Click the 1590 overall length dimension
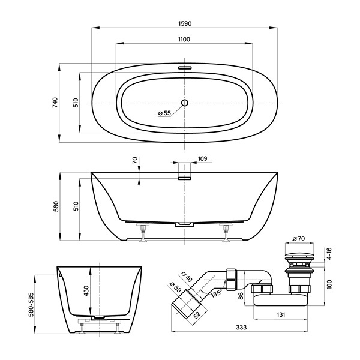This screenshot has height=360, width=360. tap(185, 23)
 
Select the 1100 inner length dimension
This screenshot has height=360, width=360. tap(184, 40)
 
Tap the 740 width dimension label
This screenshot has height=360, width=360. tap(55, 103)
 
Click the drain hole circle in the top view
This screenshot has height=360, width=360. tap(185, 103)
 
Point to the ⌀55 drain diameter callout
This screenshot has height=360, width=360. tap(164, 113)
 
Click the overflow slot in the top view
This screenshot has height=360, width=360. tap(185, 68)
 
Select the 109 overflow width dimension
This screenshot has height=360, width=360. tap(202, 158)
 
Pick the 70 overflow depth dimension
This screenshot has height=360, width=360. tap(135, 160)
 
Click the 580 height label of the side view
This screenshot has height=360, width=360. tap(56, 206)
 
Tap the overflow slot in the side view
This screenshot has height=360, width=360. tap(185, 178)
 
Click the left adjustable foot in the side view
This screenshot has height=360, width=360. tap(143, 233)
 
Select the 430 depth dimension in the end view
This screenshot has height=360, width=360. tap(86, 290)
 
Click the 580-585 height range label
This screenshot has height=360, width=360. tap(31, 304)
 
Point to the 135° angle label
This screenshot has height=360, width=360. tap(217, 293)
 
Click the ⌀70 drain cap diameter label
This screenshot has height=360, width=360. tap(298, 239)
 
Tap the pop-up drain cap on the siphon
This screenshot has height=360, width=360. tap(299, 255)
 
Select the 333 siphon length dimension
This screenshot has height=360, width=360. tap(241, 328)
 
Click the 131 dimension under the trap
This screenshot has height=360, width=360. tap(281, 314)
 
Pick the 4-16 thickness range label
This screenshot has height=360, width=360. tap(329, 253)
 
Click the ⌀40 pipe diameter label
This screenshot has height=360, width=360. tap(187, 277)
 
